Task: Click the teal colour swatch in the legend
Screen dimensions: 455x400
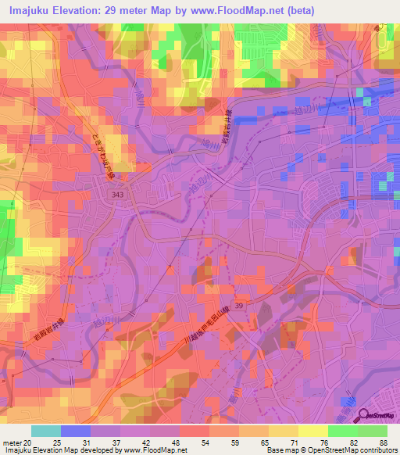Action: (x=46, y=431)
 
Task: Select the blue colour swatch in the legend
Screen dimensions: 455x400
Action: (x=76, y=431)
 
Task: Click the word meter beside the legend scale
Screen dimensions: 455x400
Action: (x=11, y=442)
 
